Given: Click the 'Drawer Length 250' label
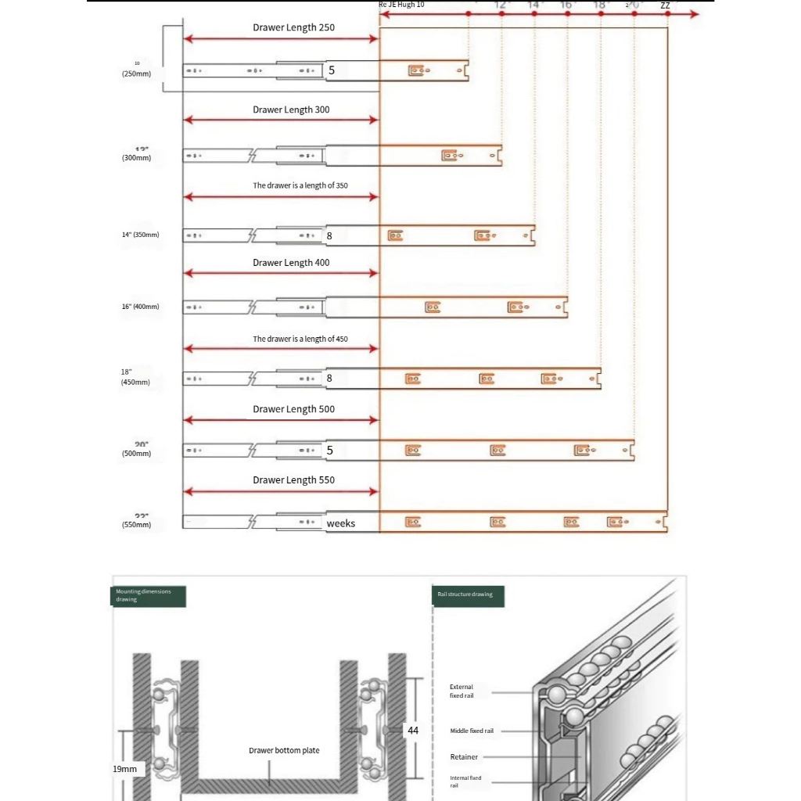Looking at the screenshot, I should tap(293, 27).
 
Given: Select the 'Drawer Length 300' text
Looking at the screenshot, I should tap(291, 110).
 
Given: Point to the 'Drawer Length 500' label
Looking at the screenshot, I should tap(293, 409).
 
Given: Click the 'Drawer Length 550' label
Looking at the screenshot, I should tap(293, 480).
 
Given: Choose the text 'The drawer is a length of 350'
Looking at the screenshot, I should tap(300, 186).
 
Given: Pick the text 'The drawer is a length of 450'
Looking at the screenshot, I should tap(300, 339).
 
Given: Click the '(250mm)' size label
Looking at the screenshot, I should tap(136, 74).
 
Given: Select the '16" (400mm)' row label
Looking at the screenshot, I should tap(140, 307).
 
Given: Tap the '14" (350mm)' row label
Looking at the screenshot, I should tap(140, 235).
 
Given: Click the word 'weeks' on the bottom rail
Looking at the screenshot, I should tap(341, 523).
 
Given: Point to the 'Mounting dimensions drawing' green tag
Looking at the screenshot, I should tap(148, 595).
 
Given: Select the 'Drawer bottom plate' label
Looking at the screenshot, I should tap(284, 751).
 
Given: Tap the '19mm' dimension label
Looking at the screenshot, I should tap(124, 769).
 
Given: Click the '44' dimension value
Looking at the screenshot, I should tap(413, 731).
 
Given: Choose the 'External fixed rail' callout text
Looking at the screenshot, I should tap(462, 691).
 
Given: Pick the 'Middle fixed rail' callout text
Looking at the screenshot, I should tap(472, 731).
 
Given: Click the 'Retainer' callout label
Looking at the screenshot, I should tap(464, 757).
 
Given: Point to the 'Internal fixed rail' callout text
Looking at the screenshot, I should tap(465, 781).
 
